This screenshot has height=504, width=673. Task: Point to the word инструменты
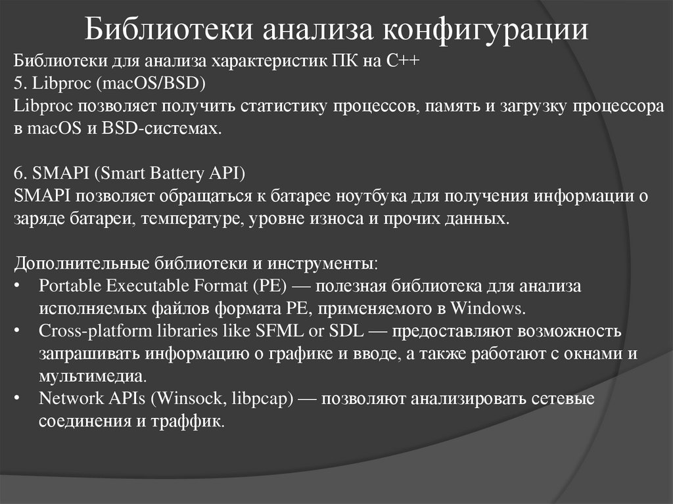click(331, 263)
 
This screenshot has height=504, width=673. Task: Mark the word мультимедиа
click(91, 377)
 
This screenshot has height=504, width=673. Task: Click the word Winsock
click(197, 399)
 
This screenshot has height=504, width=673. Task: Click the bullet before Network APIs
click(18, 399)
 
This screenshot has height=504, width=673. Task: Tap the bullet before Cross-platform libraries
click(18, 331)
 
